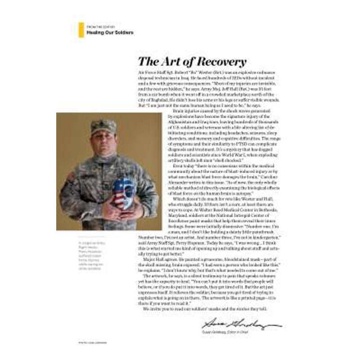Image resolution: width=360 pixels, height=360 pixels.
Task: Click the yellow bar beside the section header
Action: click(x=81, y=30)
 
